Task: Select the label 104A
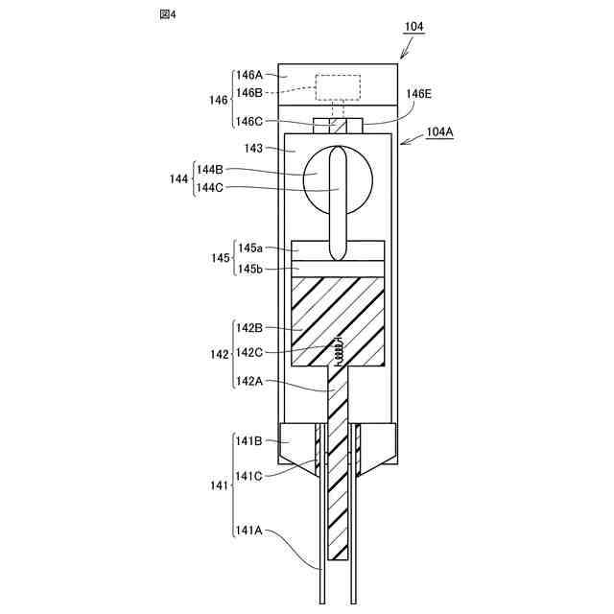click(x=440, y=132)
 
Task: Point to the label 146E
click(x=418, y=94)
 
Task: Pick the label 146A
click(x=248, y=75)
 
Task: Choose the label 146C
click(x=248, y=121)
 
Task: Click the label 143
click(x=253, y=149)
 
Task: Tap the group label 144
click(x=178, y=178)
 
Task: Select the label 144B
click(x=209, y=169)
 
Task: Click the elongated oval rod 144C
click(x=337, y=201)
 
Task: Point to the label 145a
click(x=248, y=248)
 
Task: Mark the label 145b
click(x=248, y=269)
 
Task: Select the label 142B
click(x=248, y=327)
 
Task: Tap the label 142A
click(x=248, y=381)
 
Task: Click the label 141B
click(x=248, y=440)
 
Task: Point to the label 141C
click(x=248, y=476)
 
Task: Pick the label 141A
click(x=248, y=530)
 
